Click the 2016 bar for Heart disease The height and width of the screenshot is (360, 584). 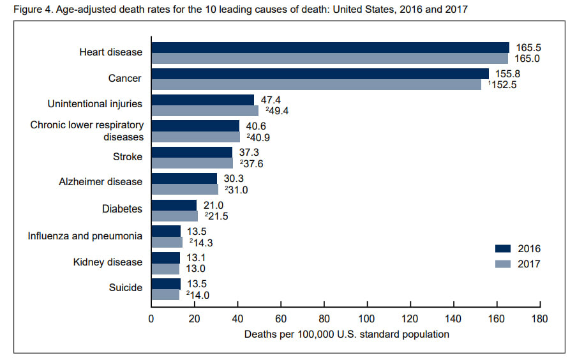(x=330, y=47)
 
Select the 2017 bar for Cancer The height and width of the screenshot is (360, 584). (x=316, y=84)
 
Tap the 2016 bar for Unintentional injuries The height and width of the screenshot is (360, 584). (x=202, y=100)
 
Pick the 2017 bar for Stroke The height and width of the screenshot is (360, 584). (x=192, y=163)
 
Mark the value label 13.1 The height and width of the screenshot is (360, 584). (x=196, y=257)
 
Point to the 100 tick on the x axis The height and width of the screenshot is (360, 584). (x=367, y=319)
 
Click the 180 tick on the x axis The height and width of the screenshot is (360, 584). (x=540, y=319)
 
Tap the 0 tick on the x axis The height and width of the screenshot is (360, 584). (x=151, y=319)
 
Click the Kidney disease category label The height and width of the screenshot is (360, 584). (x=109, y=262)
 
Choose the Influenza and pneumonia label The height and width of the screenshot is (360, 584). (x=85, y=236)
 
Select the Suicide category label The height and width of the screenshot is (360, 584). (x=126, y=289)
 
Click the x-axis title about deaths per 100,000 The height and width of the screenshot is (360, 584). (x=346, y=334)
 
